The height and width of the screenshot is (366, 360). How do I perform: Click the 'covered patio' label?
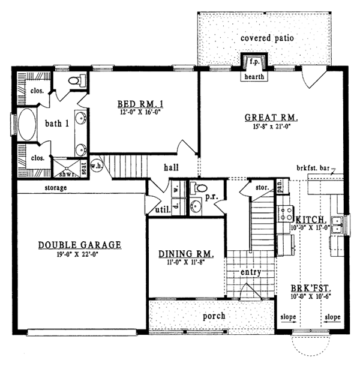[267, 38]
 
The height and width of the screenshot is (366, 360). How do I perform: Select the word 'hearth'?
[251, 76]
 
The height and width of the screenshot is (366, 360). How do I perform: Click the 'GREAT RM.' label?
[272, 116]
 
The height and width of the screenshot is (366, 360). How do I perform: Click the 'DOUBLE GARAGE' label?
[80, 245]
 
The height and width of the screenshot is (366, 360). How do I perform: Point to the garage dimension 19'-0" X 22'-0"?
[80, 254]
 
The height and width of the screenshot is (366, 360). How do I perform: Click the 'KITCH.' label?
[310, 220]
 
